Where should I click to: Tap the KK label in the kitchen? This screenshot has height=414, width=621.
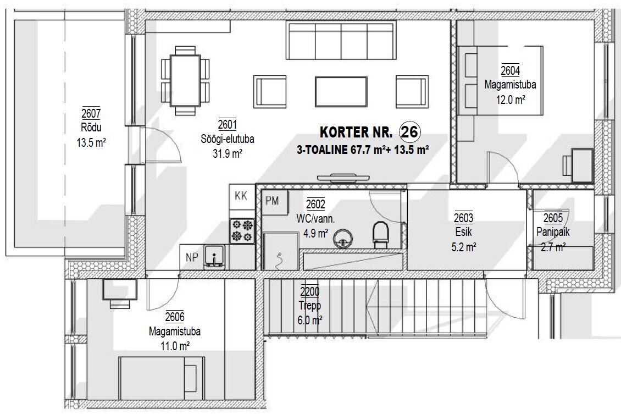241,196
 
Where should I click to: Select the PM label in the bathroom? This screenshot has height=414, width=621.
272,201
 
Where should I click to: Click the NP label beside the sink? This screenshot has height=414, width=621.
192,257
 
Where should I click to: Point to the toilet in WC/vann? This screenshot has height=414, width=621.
380,235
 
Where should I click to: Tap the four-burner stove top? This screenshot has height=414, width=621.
242,231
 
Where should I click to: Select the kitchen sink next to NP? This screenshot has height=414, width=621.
214,257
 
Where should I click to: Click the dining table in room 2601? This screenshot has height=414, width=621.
185,80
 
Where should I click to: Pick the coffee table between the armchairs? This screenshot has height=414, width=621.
341,91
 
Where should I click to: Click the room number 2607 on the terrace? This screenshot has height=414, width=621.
91,113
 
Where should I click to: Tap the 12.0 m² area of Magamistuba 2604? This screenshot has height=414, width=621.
511,99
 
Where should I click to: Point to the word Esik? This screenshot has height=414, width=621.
464,232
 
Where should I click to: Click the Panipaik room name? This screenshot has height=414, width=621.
552,231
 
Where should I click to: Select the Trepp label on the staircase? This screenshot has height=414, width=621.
310,306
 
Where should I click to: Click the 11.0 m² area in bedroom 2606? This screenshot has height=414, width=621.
175,346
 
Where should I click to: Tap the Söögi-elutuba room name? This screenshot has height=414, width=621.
228,139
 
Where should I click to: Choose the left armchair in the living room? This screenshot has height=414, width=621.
270,91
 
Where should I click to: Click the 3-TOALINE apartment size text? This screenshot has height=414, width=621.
363,150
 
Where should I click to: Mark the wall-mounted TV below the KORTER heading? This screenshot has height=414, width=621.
342,177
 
